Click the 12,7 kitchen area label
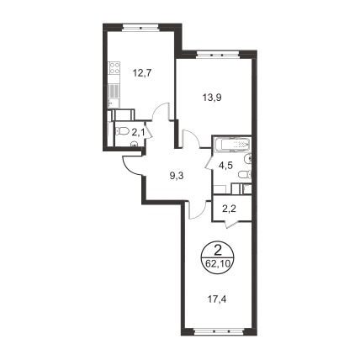tap(142, 73)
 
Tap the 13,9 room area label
tap(212, 98)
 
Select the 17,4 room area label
tap(216, 300)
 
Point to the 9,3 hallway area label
tap(176, 176)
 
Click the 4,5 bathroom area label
tap(225, 164)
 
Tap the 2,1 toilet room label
tap(138, 132)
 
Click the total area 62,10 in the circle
tap(217, 263)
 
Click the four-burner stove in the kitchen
tap(114, 68)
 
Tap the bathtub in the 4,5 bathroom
tap(232, 145)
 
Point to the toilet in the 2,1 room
tap(120, 131)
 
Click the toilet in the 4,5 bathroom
tap(245, 175)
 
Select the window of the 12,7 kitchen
tap(141, 28)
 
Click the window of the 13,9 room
tap(218, 54)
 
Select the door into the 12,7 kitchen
tap(161, 112)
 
